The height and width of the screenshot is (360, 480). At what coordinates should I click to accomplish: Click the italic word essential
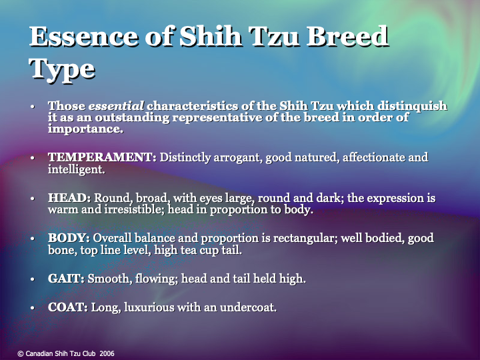tap(117, 106)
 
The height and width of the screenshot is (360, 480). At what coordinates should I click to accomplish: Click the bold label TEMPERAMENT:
tap(102, 158)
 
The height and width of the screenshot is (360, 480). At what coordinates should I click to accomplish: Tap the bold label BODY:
tap(69, 238)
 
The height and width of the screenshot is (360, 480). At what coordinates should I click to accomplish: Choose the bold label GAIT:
tap(66, 279)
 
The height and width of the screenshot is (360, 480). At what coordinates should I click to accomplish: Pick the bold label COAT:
tap(68, 307)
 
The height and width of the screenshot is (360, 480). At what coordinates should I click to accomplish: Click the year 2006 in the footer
tap(107, 353)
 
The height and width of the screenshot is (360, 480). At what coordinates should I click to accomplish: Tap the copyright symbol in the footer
tap(20, 353)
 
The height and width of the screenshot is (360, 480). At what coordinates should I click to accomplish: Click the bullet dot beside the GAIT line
tap(33, 279)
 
